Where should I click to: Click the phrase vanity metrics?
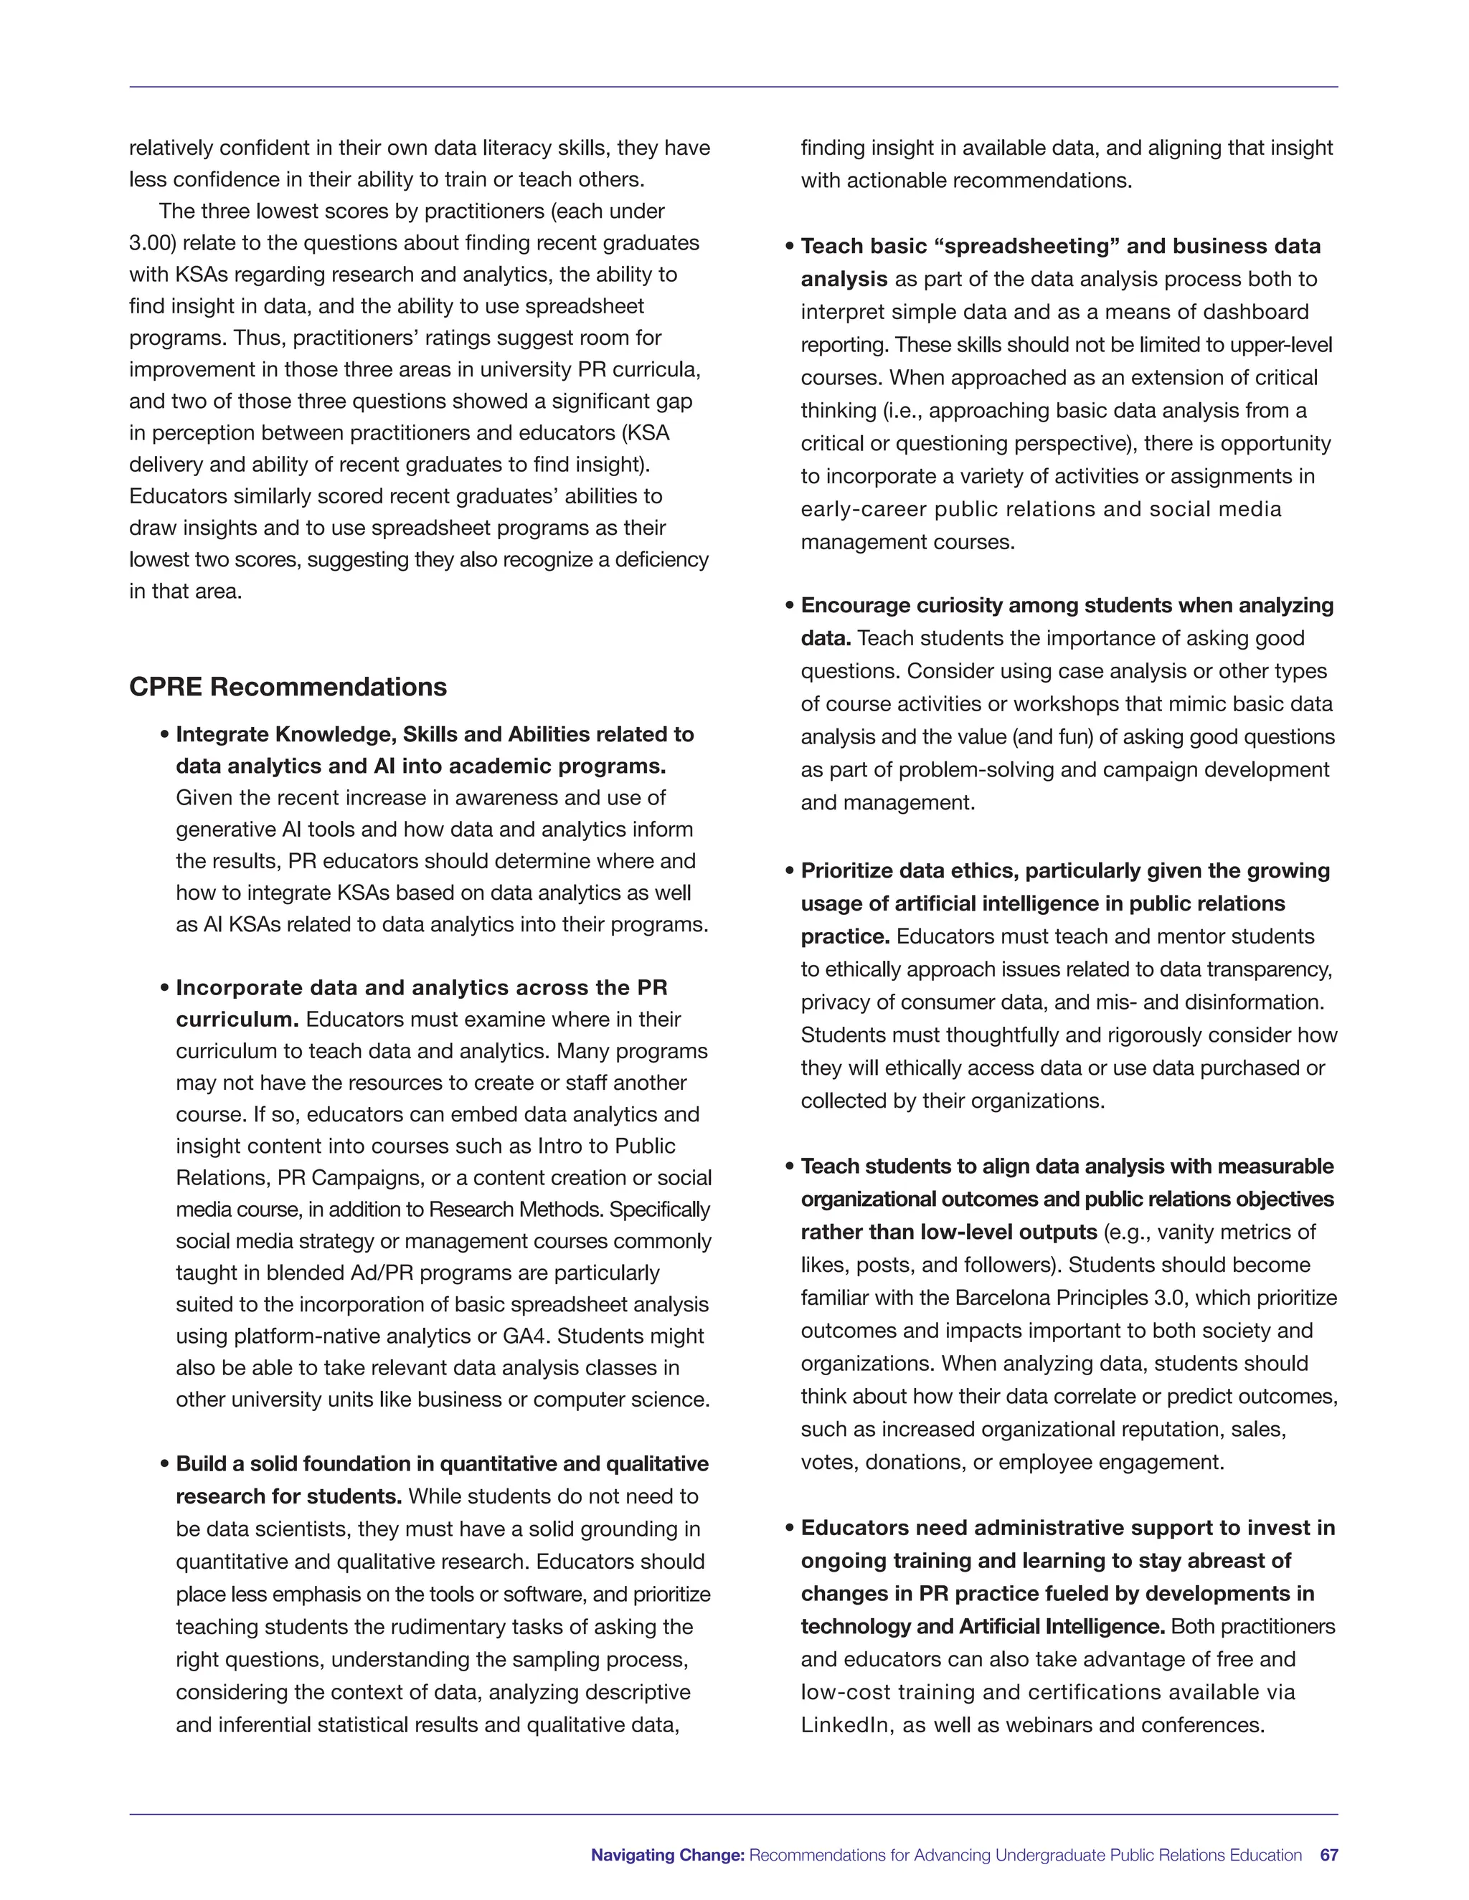coord(1223,1232)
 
